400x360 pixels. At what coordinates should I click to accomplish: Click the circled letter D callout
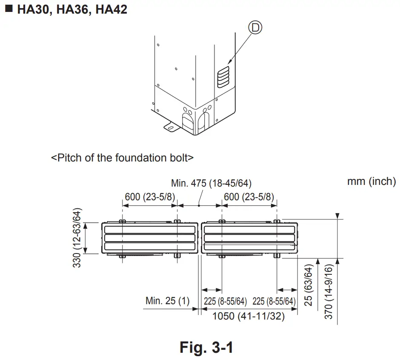pos(255,27)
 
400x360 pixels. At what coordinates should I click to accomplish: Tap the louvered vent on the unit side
pos(223,77)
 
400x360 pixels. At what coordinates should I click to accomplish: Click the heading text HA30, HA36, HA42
pos(72,9)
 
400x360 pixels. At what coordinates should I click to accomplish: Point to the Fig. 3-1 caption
pos(206,347)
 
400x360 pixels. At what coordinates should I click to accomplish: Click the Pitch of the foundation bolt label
pos(122,158)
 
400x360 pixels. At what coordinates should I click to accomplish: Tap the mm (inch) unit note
pos(371,181)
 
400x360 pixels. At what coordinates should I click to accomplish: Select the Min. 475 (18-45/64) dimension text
pos(211,183)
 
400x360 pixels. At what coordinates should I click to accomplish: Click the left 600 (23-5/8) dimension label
pos(150,197)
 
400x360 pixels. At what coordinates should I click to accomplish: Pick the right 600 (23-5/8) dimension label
pos(249,197)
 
